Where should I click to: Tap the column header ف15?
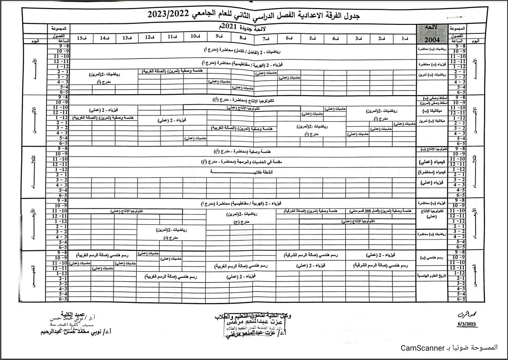click(x=82, y=38)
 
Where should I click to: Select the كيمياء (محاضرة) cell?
click(x=432, y=172)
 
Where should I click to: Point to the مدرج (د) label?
click(x=165, y=237)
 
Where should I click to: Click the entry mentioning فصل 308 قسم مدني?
click(x=382, y=211)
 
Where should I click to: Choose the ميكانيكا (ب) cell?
click(x=432, y=110)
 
